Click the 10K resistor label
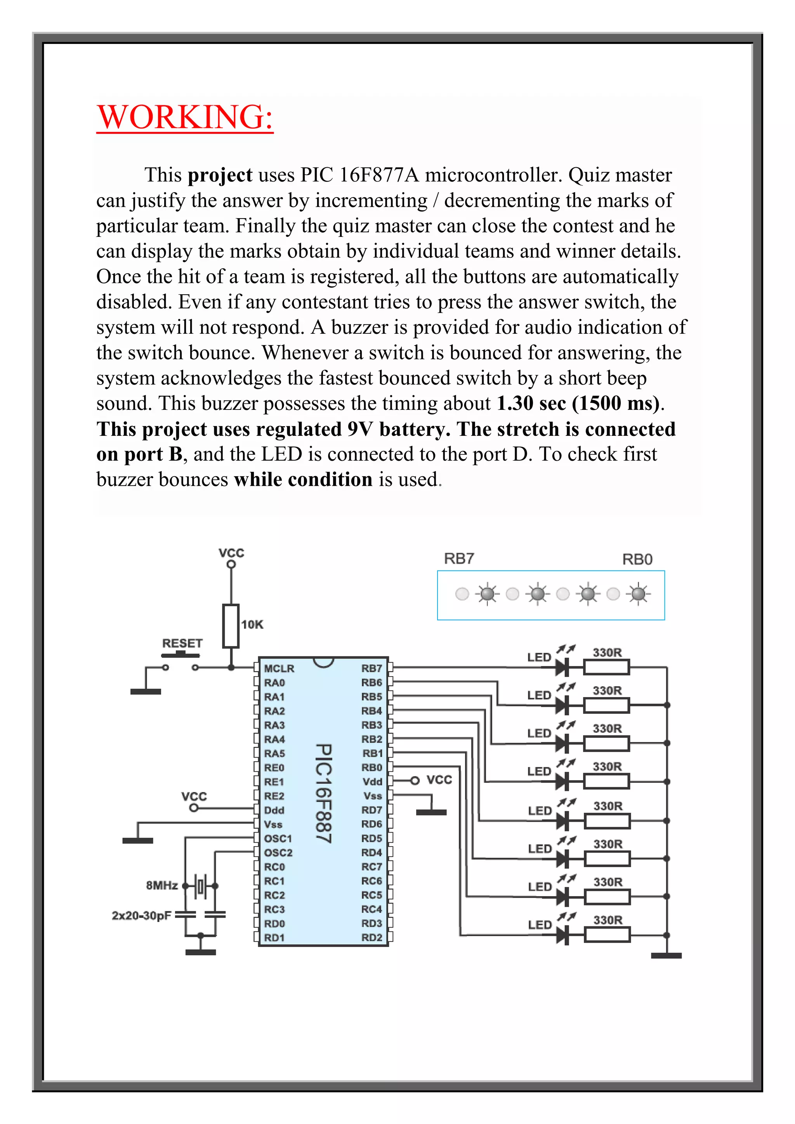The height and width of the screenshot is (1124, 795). (252, 624)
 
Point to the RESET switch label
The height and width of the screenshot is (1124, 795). (182, 643)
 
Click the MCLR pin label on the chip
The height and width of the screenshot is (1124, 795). (279, 668)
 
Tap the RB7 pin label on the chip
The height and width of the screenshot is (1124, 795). (371, 668)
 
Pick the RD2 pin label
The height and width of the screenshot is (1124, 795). (371, 937)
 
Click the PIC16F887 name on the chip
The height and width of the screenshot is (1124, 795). (324, 793)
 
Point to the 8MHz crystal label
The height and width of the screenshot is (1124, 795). (161, 885)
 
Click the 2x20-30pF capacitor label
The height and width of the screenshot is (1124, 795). (141, 915)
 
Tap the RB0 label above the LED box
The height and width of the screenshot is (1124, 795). (637, 559)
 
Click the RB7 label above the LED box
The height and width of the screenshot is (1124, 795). (459, 559)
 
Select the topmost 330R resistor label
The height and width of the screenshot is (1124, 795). (607, 652)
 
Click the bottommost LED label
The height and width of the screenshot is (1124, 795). (540, 925)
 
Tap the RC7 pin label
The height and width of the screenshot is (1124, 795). (371, 867)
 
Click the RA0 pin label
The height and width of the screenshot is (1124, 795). (274, 682)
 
